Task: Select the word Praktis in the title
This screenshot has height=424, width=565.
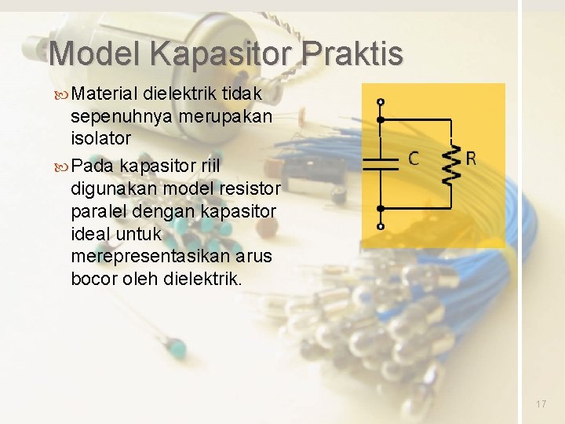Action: click(352, 54)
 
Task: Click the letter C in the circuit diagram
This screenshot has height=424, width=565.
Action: click(414, 159)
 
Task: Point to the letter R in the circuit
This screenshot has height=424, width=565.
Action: click(470, 159)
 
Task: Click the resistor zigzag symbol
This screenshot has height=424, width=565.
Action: click(450, 163)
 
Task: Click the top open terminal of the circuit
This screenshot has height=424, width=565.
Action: click(381, 102)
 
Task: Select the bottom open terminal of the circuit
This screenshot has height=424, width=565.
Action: click(381, 226)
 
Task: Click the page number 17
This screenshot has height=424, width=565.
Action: click(541, 404)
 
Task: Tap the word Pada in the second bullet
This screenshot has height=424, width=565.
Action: click(92, 167)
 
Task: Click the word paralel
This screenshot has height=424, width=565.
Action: click(97, 212)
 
